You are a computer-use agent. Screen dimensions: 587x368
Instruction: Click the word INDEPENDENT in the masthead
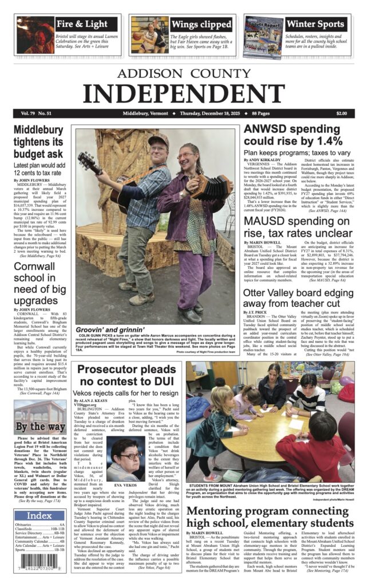[184, 93]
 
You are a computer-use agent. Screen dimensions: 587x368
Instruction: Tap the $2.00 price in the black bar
[342, 114]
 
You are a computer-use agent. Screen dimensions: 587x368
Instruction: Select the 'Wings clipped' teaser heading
[200, 24]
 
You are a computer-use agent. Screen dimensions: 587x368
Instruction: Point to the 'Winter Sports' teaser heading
[315, 24]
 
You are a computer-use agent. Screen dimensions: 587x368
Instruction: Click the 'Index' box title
[39, 516]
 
